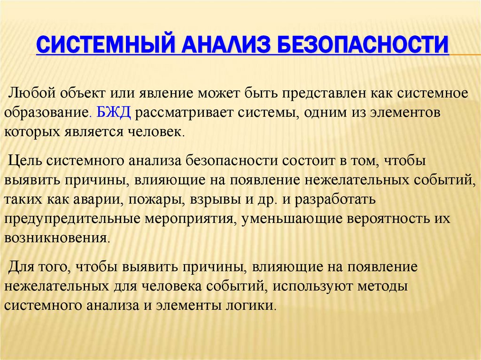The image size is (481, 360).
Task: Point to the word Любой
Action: pos(30,93)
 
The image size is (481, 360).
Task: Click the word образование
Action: pos(46,113)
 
